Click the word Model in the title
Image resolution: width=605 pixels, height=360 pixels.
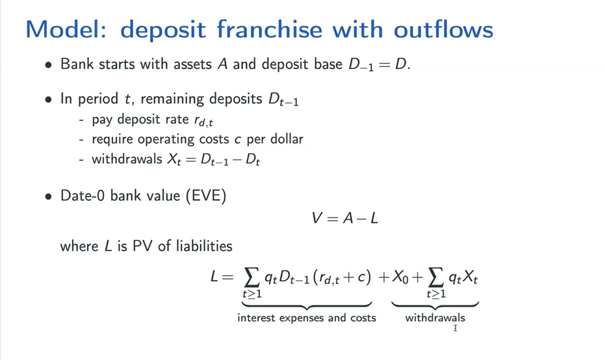click(x=66, y=29)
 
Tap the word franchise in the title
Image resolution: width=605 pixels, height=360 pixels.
click(x=269, y=29)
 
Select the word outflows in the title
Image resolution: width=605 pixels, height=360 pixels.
click(x=443, y=29)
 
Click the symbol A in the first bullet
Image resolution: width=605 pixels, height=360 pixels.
click(x=222, y=64)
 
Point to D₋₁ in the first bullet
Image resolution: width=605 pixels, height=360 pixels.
click(x=361, y=65)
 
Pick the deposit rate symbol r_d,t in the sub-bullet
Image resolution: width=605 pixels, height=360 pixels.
click(x=203, y=121)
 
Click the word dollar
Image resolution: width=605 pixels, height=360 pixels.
click(x=287, y=138)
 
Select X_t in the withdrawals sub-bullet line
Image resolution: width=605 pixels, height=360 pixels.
click(x=174, y=160)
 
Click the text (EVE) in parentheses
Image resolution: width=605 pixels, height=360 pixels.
click(x=206, y=196)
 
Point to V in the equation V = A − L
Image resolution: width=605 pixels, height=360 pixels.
click(x=316, y=218)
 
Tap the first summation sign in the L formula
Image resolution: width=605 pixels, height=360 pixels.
click(x=251, y=277)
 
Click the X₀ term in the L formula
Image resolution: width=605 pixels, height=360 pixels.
click(x=400, y=277)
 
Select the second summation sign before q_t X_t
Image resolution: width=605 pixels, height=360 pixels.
click(x=435, y=277)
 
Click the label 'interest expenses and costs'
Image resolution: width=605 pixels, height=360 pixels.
click(x=307, y=318)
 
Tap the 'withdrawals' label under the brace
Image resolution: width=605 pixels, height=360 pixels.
click(x=435, y=318)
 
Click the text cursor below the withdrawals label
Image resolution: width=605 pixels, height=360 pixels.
click(x=456, y=328)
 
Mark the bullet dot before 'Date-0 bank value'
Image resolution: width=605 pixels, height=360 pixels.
click(x=48, y=197)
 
